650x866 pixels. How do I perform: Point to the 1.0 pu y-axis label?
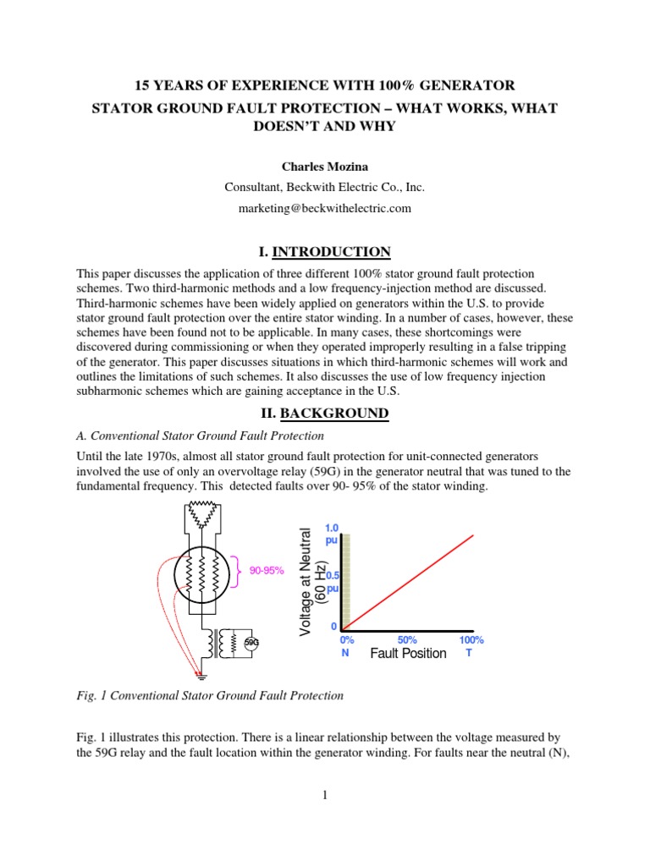[332, 533]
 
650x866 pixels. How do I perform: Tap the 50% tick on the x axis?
[408, 640]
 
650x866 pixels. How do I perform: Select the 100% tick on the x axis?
[471, 640]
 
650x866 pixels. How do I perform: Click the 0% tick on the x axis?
[346, 640]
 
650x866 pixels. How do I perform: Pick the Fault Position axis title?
[408, 654]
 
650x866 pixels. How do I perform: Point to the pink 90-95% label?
[266, 571]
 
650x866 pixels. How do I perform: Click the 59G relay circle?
[251, 643]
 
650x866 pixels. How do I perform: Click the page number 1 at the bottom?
[325, 793]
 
